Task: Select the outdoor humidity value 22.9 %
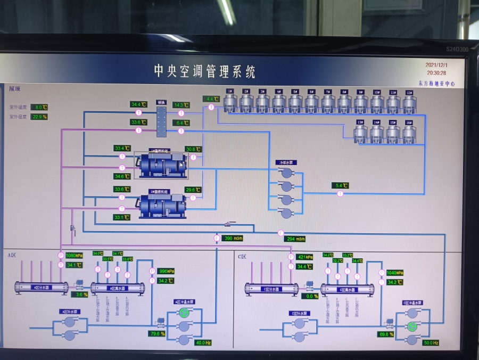pyautogui.click(x=39, y=117)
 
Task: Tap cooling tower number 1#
pyautogui.click(x=230, y=102)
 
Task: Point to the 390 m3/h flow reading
pyautogui.click(x=233, y=238)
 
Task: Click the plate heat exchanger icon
pyautogui.click(x=161, y=120)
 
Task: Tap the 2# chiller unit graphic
pyautogui.click(x=162, y=205)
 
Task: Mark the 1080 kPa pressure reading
pyautogui.click(x=74, y=256)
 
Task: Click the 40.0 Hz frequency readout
pyautogui.click(x=203, y=342)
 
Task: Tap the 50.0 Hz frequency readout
pyautogui.click(x=430, y=342)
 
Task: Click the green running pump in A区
pyautogui.click(x=184, y=313)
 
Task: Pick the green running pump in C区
pyautogui.click(x=411, y=326)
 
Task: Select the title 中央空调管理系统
pyautogui.click(x=205, y=71)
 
